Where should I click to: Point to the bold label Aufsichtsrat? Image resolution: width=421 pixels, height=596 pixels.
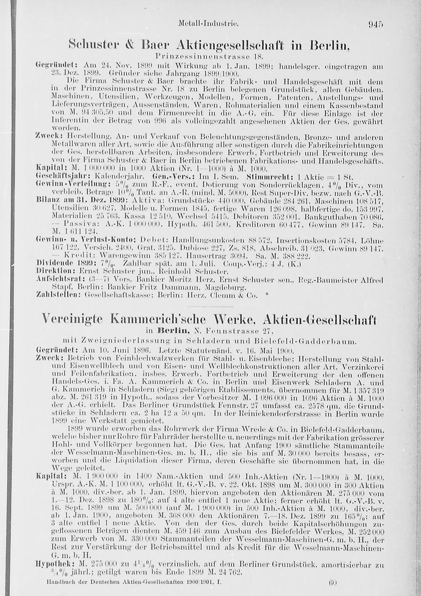[56, 279]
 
